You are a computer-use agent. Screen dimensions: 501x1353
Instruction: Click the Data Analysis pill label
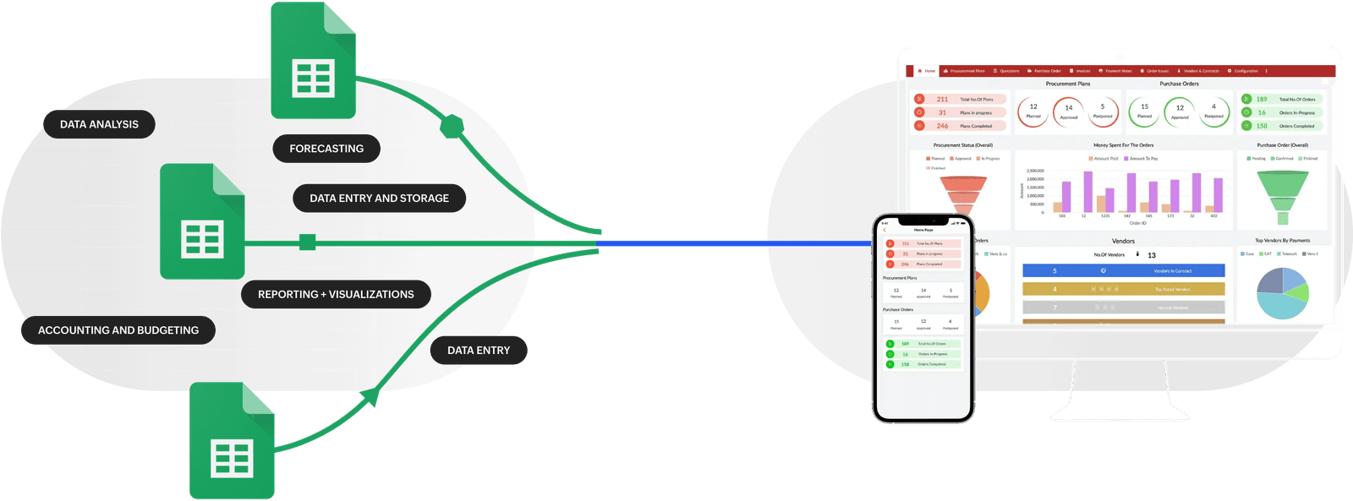coord(99,124)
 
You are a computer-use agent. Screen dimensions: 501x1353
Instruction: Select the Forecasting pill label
coord(326,149)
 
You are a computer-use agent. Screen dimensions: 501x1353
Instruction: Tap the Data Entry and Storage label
coord(379,199)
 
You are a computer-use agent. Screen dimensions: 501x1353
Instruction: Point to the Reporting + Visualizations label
coord(336,295)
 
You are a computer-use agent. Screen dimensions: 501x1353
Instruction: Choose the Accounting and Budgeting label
coord(118,330)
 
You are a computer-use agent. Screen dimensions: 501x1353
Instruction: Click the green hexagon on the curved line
coord(452,127)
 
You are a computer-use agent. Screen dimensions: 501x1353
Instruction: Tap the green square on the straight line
coord(308,243)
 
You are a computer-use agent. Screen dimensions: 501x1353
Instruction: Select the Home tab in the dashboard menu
coord(927,71)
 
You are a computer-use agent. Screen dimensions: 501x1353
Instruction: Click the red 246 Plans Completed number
coord(942,126)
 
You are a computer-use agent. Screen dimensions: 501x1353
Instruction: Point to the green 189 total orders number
coord(1262,100)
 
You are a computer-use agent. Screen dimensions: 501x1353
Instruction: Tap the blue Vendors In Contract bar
coord(1123,270)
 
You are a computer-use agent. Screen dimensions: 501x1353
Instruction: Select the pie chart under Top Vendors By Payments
coord(1282,292)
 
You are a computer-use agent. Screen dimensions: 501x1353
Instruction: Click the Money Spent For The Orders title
coord(1123,145)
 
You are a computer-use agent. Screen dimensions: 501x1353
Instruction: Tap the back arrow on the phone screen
coord(885,230)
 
